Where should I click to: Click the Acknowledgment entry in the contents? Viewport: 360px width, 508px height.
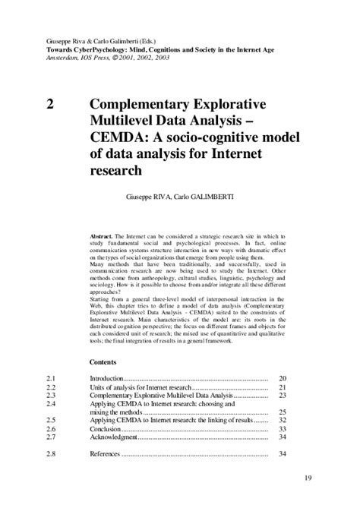(114, 438)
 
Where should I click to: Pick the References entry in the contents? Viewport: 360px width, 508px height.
(106, 455)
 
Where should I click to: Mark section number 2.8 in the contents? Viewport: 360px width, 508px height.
(52, 455)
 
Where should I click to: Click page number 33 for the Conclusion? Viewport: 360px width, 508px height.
(282, 429)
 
